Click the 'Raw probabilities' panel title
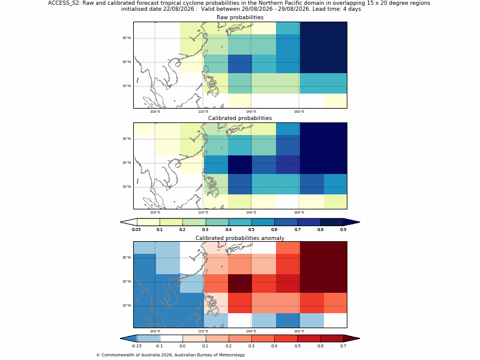(x=240, y=17)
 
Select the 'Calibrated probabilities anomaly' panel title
(x=240, y=238)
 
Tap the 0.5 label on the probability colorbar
(x=251, y=230)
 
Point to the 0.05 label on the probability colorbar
(x=136, y=230)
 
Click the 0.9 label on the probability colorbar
(x=343, y=230)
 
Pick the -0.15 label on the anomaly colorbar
(x=136, y=346)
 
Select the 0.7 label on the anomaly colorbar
(x=343, y=346)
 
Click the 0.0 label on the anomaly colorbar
(x=182, y=346)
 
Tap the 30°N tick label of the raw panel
(x=127, y=38)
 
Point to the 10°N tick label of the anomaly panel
(x=127, y=305)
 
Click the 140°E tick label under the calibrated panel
(x=251, y=212)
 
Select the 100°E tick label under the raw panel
(x=155, y=112)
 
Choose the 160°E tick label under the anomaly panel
(x=299, y=331)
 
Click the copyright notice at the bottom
(x=170, y=355)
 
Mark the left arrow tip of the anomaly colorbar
(x=121, y=338)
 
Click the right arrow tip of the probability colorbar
(x=359, y=222)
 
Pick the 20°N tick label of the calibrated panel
(x=127, y=163)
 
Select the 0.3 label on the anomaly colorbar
(x=251, y=346)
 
